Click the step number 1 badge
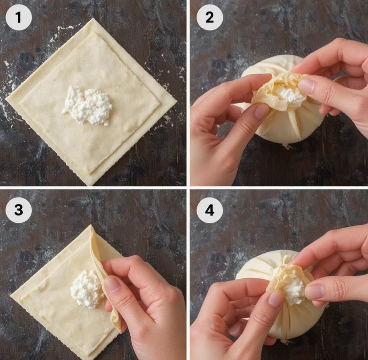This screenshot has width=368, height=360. point(19,17)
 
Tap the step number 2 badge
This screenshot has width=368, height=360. point(210,17)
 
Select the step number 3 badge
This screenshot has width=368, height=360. point(19,210)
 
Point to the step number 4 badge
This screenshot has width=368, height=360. point(210,210)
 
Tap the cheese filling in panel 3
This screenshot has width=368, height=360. point(86,289)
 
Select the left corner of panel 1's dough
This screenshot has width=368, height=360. point(6,99)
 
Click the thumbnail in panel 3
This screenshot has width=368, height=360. point(113,284)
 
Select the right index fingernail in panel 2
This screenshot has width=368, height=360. point(306,85)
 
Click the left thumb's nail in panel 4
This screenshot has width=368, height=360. point(276,299)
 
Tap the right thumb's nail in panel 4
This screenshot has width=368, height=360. point(314,291)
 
